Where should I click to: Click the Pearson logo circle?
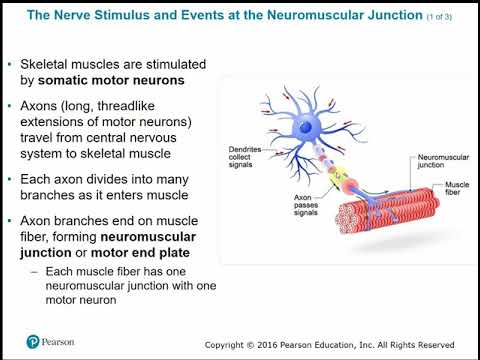click(x=33, y=341)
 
